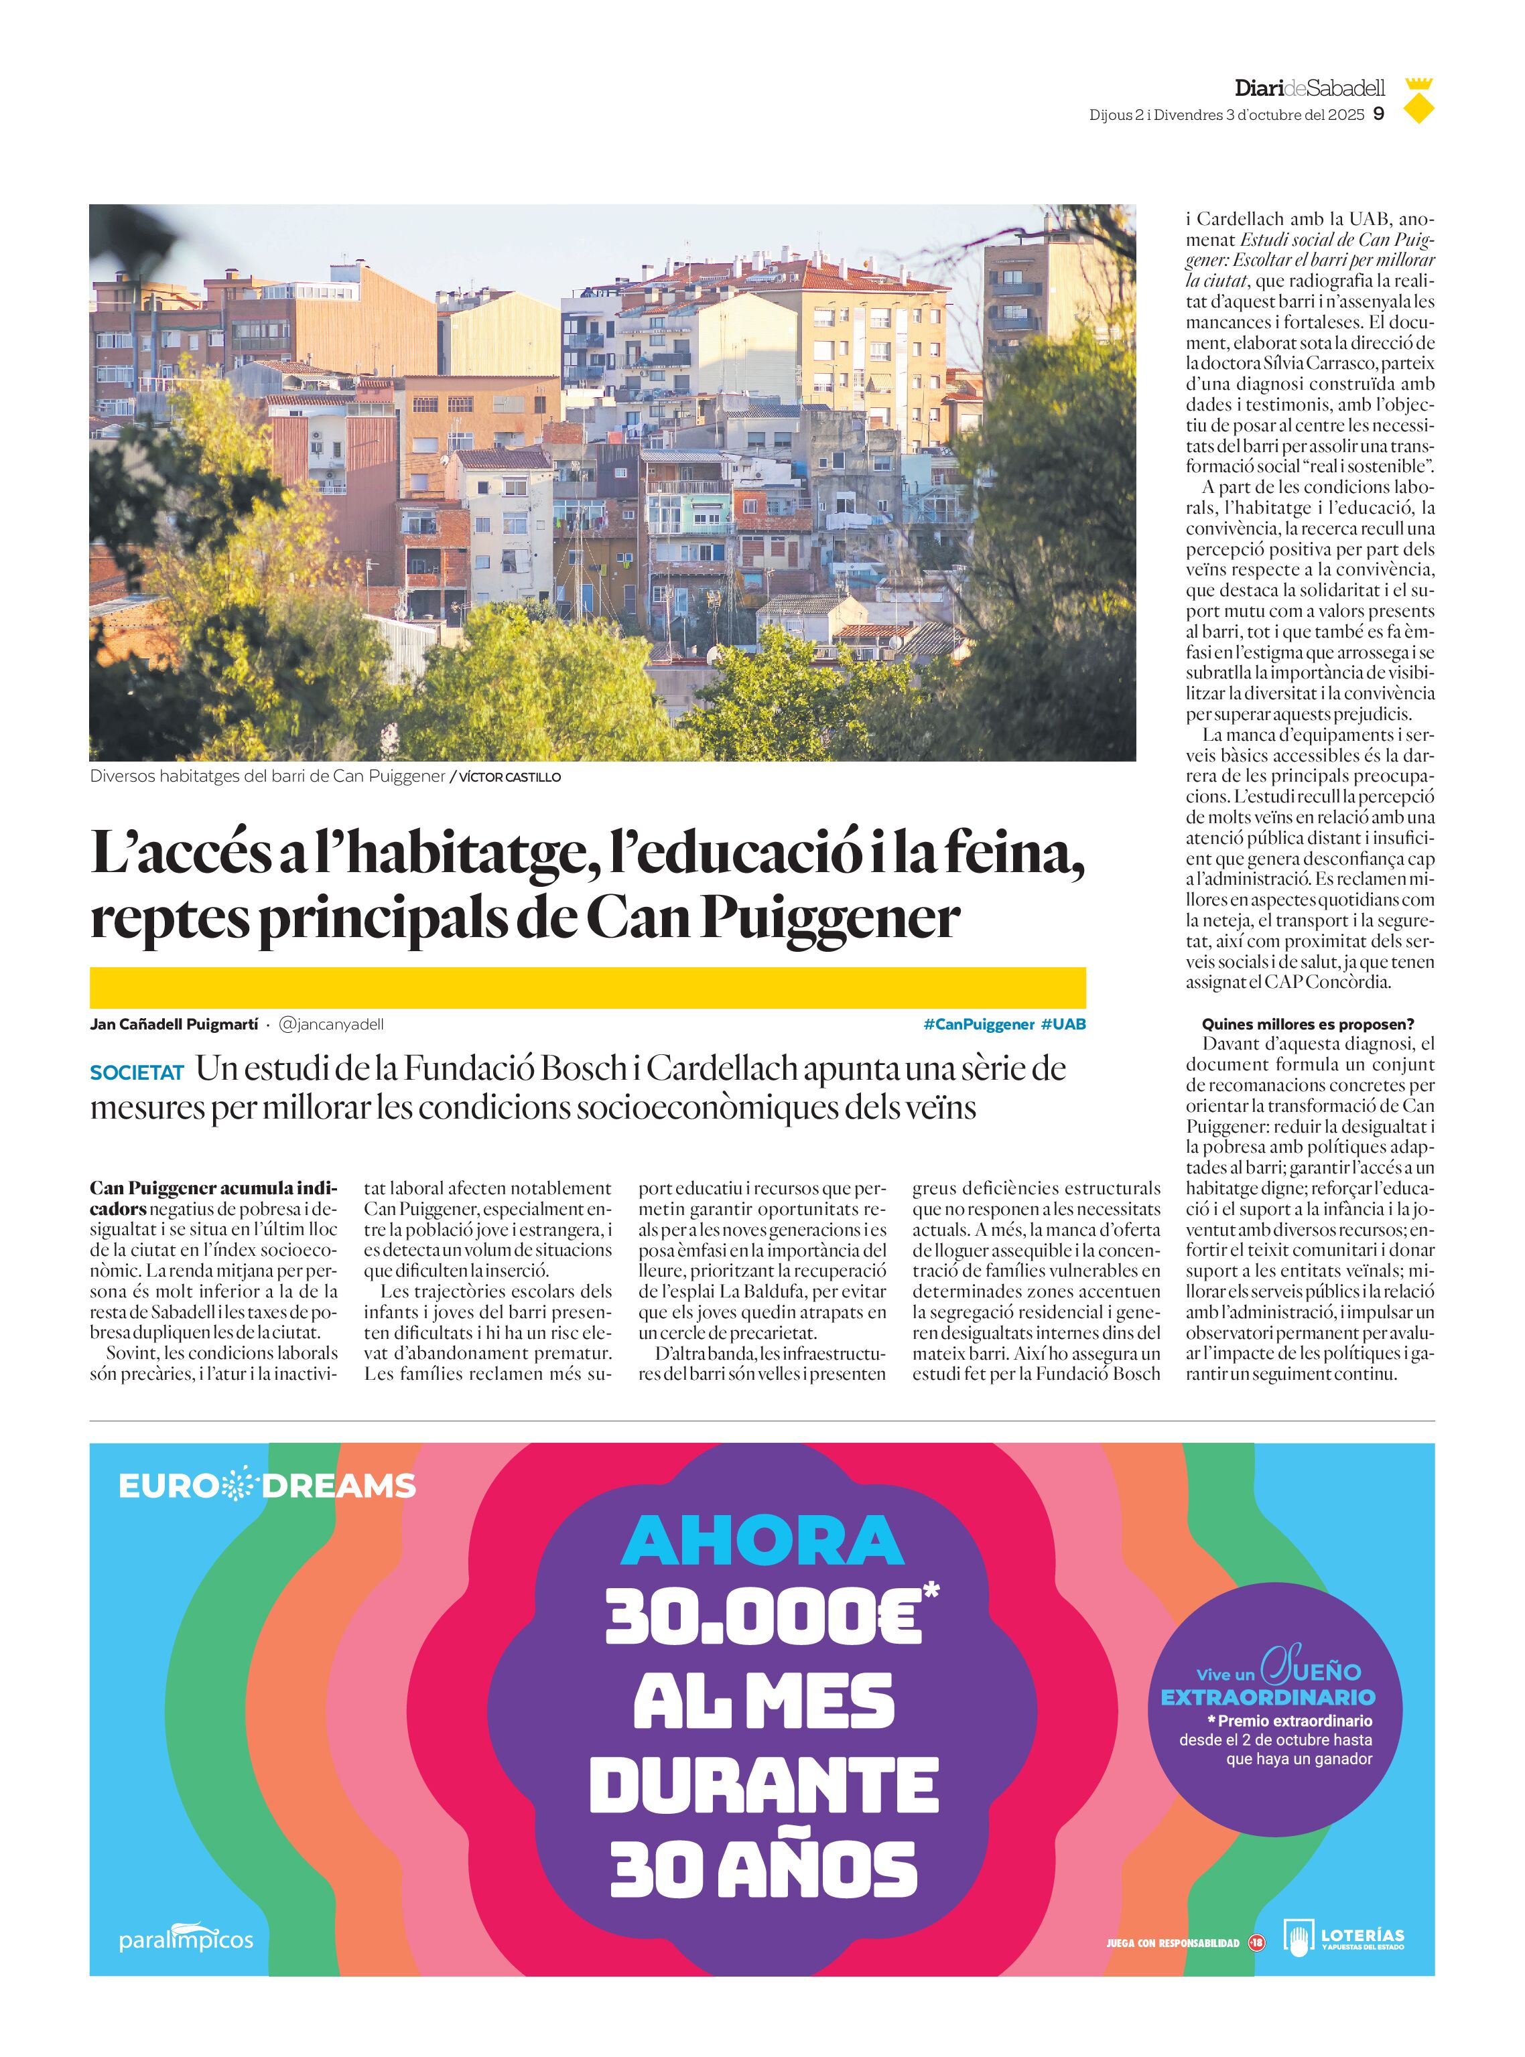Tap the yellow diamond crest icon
tap(1419, 100)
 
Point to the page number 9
tap(1378, 115)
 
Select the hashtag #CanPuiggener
tap(978, 1024)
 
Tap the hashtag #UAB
tap(1063, 1024)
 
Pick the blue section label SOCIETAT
tap(137, 1072)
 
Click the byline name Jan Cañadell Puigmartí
tap(174, 1024)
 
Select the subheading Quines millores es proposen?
tap(1307, 1024)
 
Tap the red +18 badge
tap(1256, 1942)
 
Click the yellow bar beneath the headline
tap(587, 987)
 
